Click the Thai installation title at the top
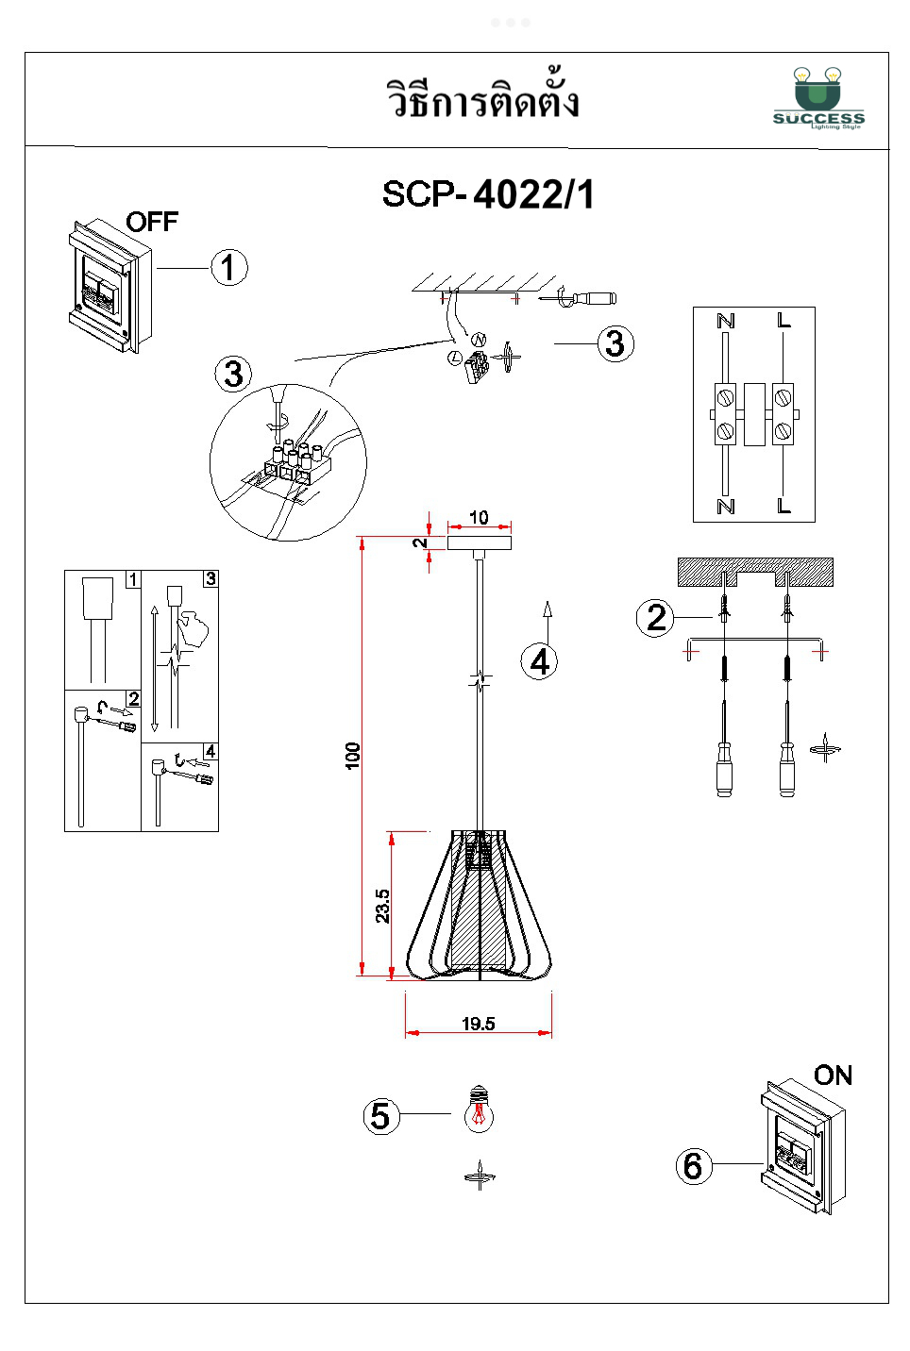[x=482, y=100]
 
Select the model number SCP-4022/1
[x=488, y=194]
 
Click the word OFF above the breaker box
[x=152, y=222]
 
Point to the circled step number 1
[x=228, y=267]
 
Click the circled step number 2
[x=655, y=618]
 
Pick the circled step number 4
[x=539, y=661]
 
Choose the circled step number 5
[x=381, y=1116]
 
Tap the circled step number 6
[x=693, y=1166]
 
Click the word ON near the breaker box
[x=833, y=1076]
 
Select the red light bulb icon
[x=479, y=1109]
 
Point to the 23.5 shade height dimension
[x=382, y=906]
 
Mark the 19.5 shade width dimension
[x=479, y=1024]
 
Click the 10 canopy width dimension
[x=479, y=517]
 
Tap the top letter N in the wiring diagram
[x=726, y=322]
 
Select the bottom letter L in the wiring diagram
[x=784, y=507]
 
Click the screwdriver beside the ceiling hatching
[x=585, y=298]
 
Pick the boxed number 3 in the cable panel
[x=211, y=578]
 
